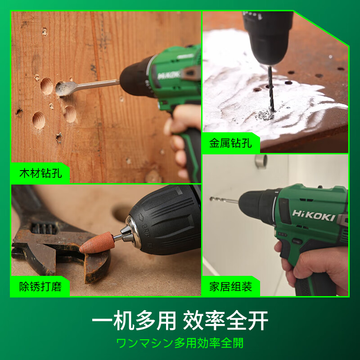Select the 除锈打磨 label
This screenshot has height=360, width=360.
40,287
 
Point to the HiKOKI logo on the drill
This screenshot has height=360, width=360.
314,215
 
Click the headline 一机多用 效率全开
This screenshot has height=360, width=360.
180,321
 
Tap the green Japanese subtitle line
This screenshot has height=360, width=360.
180,343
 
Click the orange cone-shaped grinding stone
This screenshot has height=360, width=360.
96,242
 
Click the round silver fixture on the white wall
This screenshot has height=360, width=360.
261,161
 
